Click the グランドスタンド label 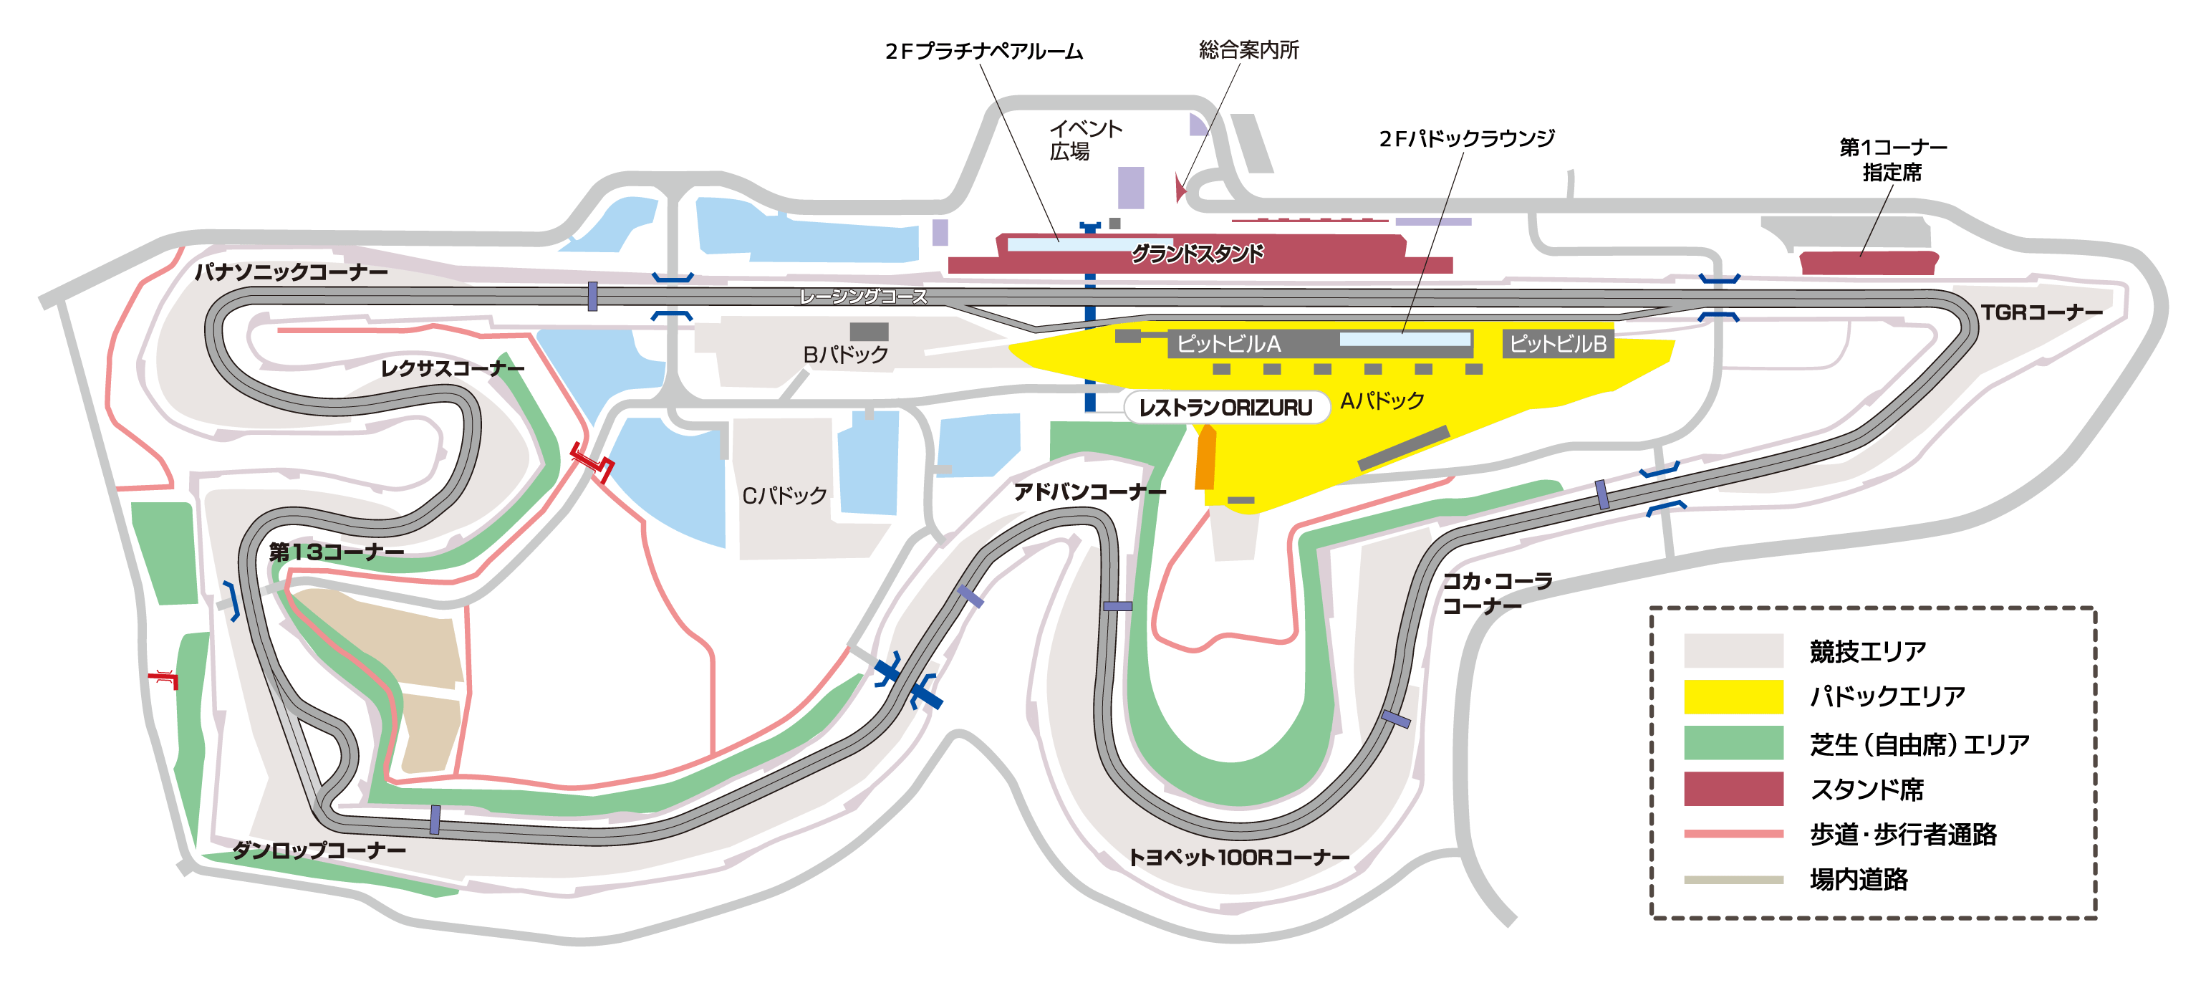[1198, 254]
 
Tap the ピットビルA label [1228, 344]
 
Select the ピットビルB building [1558, 343]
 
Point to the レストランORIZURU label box [1225, 408]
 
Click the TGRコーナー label [2041, 312]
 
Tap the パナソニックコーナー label [291, 272]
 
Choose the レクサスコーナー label [453, 368]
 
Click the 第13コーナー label [337, 552]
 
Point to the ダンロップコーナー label [319, 850]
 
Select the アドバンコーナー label [1089, 491]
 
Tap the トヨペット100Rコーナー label [1238, 857]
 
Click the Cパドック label [784, 495]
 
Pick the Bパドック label [845, 355]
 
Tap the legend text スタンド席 [1866, 789]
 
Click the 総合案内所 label [1249, 49]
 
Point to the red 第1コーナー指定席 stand [1868, 263]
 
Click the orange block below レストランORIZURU [1206, 459]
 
